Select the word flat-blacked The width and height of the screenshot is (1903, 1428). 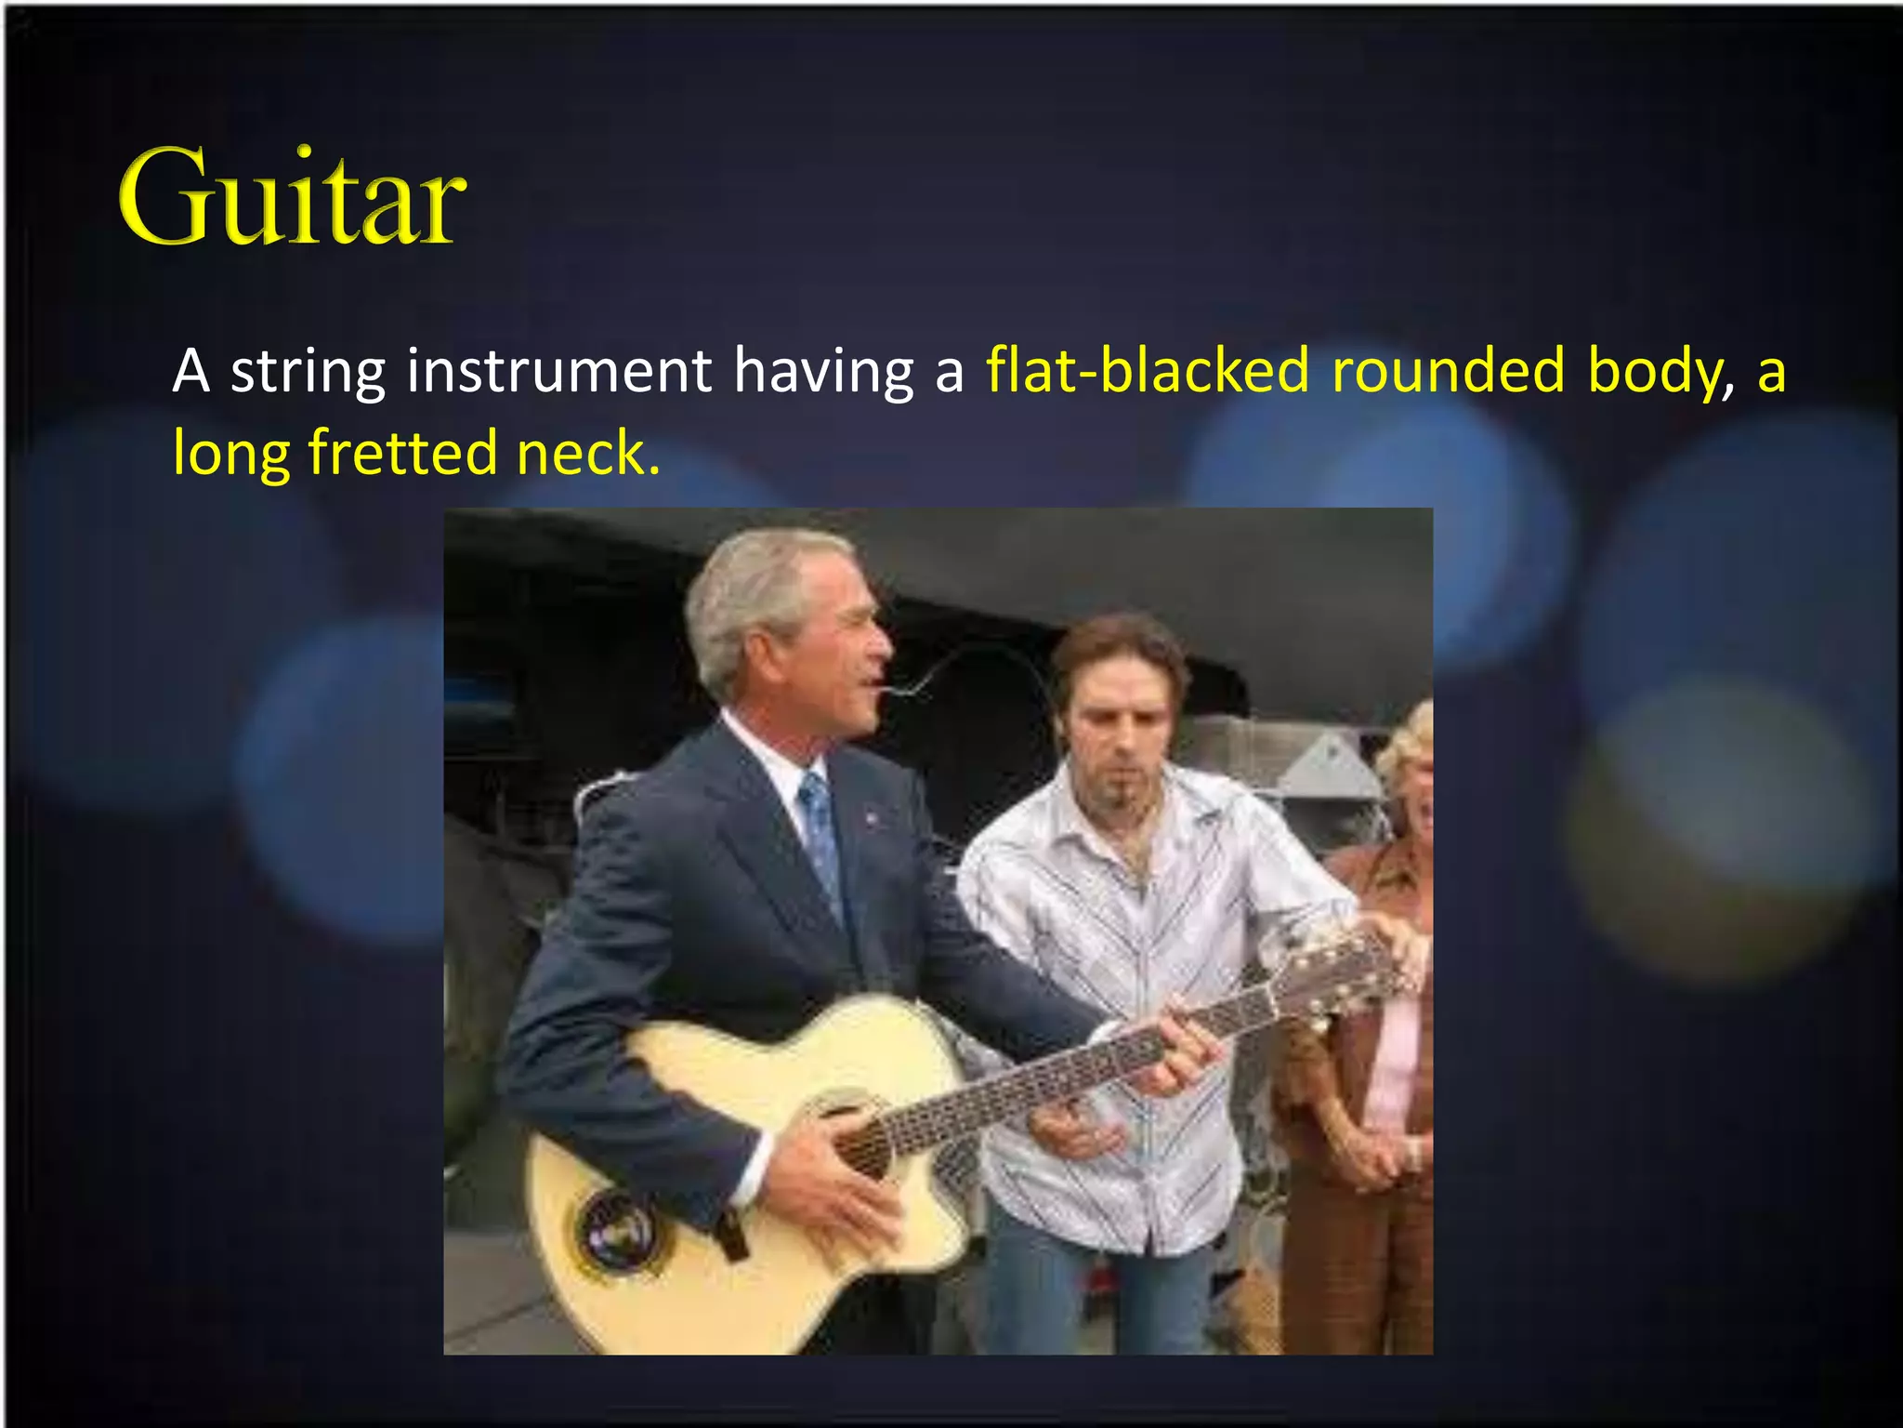click(1148, 370)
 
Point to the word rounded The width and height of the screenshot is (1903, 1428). click(1449, 370)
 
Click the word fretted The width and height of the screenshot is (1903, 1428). click(402, 453)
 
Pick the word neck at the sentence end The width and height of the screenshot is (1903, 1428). click(586, 453)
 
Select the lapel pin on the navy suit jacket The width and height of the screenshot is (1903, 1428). click(871, 818)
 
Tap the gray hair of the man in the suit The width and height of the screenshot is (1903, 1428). click(753, 595)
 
